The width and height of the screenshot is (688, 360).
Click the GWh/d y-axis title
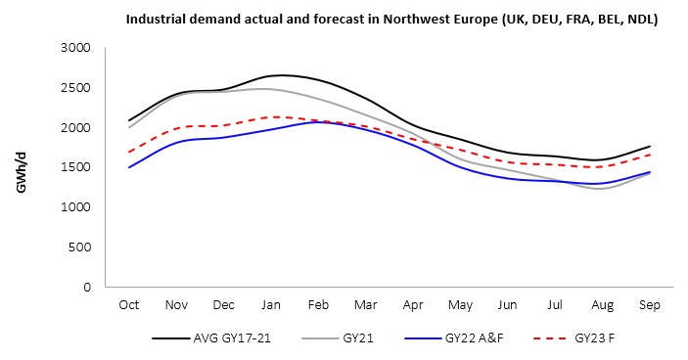point(21,167)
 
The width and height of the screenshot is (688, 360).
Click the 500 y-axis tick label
point(78,247)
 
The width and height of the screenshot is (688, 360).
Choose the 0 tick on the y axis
point(86,288)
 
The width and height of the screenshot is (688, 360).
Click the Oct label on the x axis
point(128,305)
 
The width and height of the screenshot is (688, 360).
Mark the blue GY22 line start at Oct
point(128,167)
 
